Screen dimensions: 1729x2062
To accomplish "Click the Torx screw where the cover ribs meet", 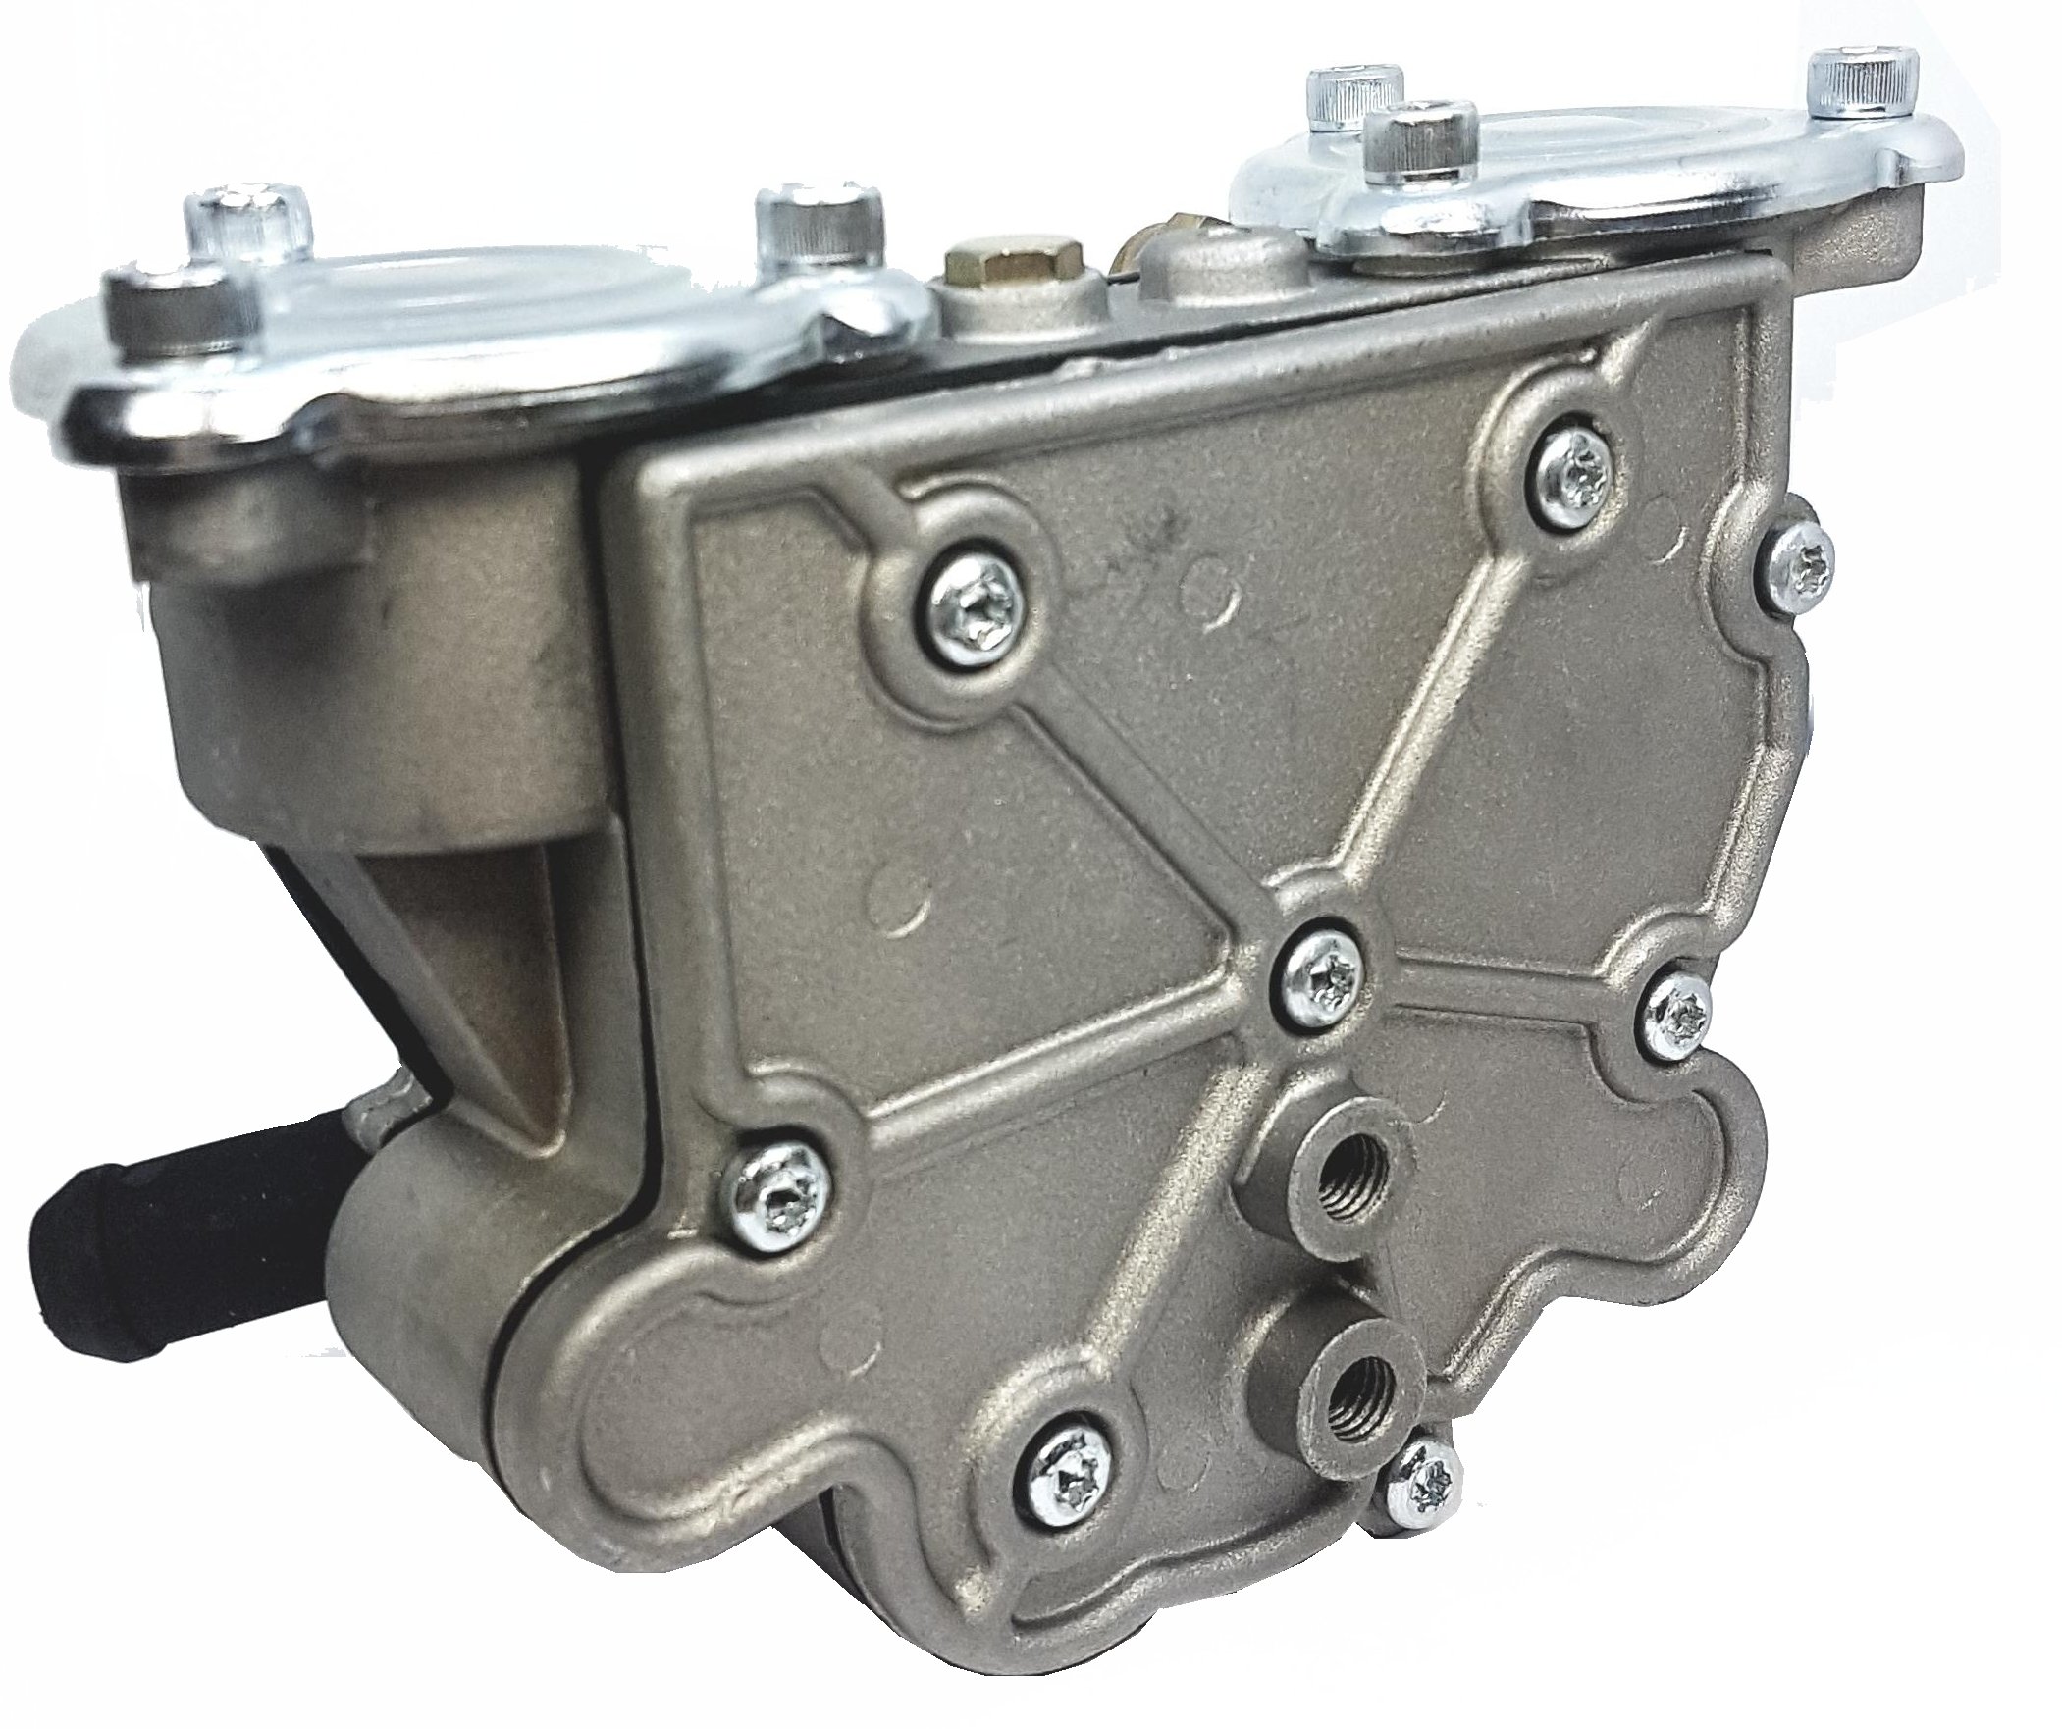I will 1321,975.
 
